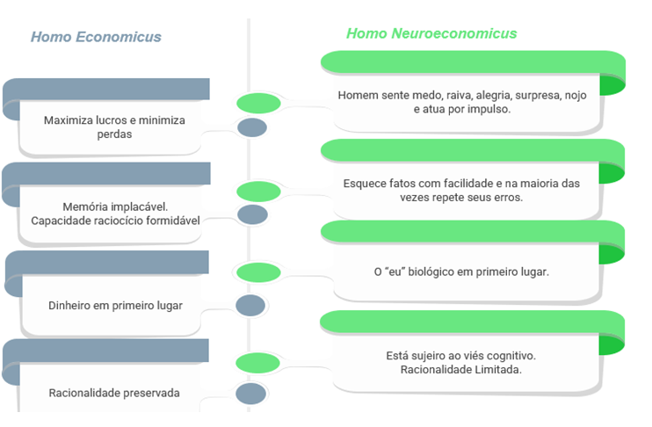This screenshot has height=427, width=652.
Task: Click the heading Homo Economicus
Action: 96,37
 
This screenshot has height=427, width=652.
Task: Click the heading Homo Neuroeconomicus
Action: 431,33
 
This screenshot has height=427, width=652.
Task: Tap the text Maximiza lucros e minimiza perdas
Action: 114,127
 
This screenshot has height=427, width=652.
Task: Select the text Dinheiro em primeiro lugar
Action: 115,306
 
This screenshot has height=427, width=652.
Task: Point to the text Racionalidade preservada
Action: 114,393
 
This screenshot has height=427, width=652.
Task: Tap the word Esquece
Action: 364,184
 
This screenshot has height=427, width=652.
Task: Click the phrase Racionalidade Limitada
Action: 461,370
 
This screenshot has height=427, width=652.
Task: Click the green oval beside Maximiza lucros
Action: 258,104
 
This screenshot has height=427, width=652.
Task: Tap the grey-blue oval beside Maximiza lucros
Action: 252,128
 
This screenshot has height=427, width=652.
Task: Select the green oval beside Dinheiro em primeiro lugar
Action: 258,272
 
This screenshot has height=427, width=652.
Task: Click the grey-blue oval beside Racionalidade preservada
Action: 251,394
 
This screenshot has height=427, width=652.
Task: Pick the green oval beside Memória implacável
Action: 258,191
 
